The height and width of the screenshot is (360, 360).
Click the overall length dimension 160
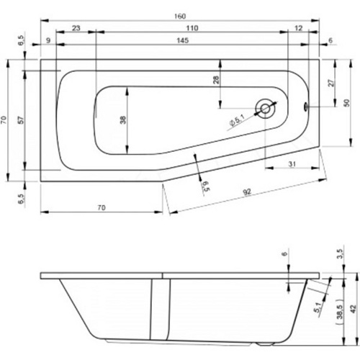(180, 17)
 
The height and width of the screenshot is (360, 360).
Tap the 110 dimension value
(192, 28)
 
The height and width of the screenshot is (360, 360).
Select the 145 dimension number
(183, 40)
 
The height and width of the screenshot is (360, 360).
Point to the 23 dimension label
(76, 28)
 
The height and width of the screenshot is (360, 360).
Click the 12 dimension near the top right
(298, 28)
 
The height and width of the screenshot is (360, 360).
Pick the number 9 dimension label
(48, 40)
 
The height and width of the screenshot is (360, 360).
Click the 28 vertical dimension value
(216, 79)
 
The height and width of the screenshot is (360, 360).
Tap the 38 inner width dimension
(122, 120)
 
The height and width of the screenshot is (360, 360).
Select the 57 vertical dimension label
(22, 120)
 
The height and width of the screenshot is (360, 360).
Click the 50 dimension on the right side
(346, 103)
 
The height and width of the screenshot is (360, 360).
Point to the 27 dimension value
(331, 83)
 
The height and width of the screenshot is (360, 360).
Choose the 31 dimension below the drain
(292, 164)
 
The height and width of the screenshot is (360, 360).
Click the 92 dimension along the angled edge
(247, 192)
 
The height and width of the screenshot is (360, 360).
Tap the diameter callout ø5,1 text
(237, 120)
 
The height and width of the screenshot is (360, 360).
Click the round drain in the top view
(265, 109)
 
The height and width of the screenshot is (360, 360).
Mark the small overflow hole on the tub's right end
(306, 106)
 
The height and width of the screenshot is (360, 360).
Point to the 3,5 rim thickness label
(341, 254)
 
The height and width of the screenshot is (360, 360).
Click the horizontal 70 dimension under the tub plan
(102, 207)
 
